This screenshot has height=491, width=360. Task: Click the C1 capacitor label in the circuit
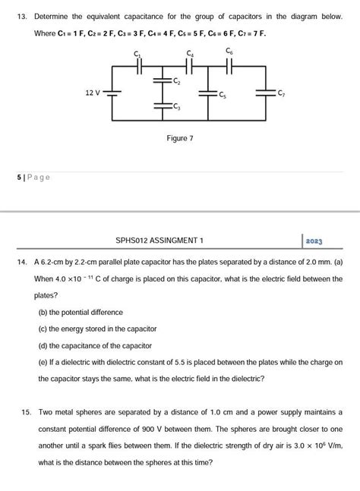click(x=137, y=55)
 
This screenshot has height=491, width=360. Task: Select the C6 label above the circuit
click(x=229, y=51)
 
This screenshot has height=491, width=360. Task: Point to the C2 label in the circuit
click(x=177, y=80)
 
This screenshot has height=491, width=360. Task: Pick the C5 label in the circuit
click(x=222, y=96)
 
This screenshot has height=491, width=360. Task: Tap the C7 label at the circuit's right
click(x=281, y=93)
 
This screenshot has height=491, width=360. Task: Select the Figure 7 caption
click(x=180, y=139)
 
